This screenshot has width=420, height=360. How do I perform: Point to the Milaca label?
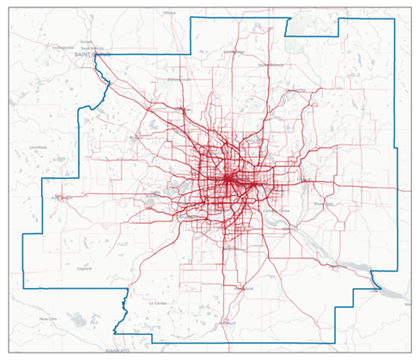(x=169, y=14)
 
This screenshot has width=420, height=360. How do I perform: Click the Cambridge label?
(x=232, y=52)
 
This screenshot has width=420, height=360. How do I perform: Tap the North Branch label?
(x=271, y=64)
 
